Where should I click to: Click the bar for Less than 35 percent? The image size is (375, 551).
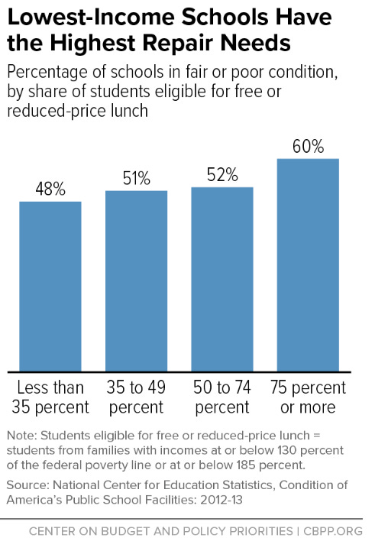pos(50,284)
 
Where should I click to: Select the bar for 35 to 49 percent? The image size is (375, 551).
pos(136,278)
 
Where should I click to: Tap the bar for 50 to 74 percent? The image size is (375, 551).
pos(221,277)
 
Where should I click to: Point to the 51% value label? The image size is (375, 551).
pos(136,178)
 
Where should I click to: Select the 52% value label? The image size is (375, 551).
pos(221,174)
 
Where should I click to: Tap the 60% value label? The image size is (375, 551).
pos(308,145)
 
